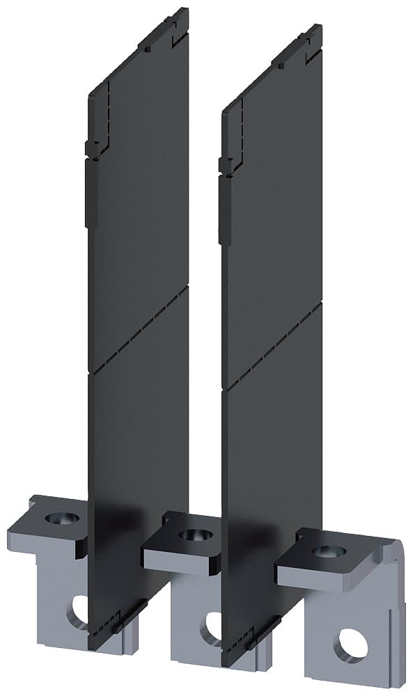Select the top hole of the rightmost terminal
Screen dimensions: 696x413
[x=329, y=551]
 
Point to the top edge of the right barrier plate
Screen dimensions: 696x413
[x=273, y=67]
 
